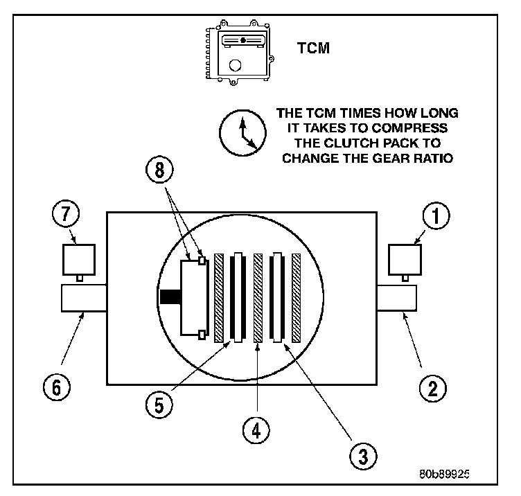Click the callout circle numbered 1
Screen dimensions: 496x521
[x=436, y=216]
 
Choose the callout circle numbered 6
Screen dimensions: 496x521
[x=58, y=386]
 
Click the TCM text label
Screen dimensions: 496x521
[x=314, y=48]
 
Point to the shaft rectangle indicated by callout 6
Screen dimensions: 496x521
[x=83, y=299]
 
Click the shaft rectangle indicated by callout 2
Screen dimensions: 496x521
[x=396, y=299]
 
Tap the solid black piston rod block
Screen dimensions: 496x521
[x=170, y=297]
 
